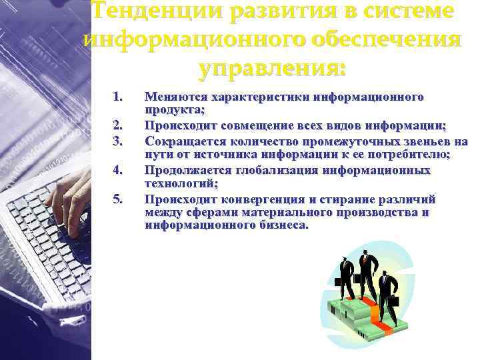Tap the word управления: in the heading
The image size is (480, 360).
pyautogui.click(x=273, y=67)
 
